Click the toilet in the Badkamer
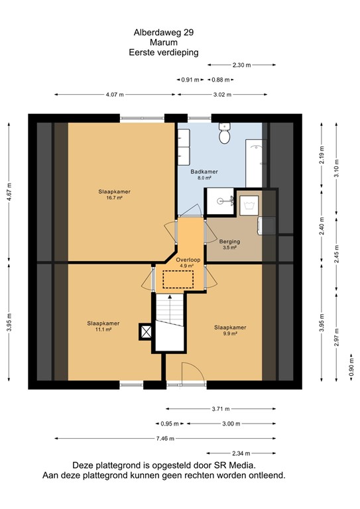(224, 133)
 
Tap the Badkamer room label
(204, 172)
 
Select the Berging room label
(229, 241)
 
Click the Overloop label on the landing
(188, 260)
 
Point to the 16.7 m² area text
(114, 198)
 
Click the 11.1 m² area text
(103, 329)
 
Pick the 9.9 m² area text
(230, 333)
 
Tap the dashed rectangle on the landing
(178, 279)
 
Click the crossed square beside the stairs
(146, 332)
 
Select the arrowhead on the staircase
(170, 297)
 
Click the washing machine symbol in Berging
(249, 205)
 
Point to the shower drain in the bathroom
(220, 201)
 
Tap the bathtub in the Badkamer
(256, 163)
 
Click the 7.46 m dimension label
(165, 439)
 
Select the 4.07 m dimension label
(115, 95)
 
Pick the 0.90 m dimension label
(351, 367)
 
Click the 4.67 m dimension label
(9, 192)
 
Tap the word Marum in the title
(164, 42)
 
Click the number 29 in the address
(188, 32)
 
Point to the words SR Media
(235, 465)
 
